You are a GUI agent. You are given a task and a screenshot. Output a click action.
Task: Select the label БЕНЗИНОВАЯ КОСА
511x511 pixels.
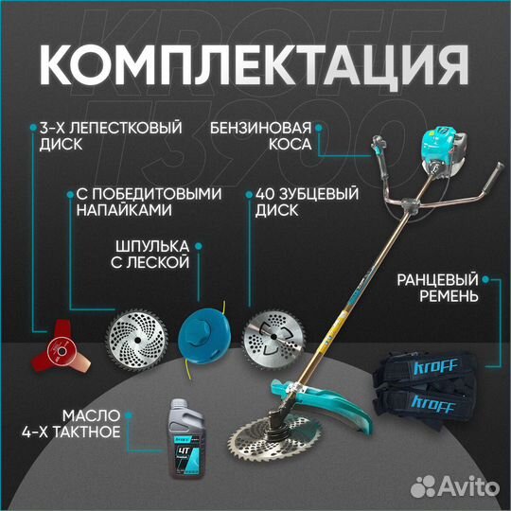pyautogui.click(x=260, y=137)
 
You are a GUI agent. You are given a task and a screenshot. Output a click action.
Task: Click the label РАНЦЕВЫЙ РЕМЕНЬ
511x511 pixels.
pyautogui.click(x=434, y=288)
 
